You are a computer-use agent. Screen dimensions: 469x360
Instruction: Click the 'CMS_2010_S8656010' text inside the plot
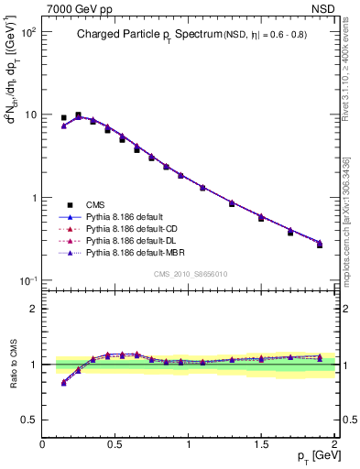point(189,274)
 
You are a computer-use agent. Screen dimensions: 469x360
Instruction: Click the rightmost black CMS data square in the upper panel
point(320,245)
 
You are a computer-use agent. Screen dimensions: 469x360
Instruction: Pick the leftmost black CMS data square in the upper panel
point(63,118)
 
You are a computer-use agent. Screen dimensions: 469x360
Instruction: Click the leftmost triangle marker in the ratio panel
point(63,383)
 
